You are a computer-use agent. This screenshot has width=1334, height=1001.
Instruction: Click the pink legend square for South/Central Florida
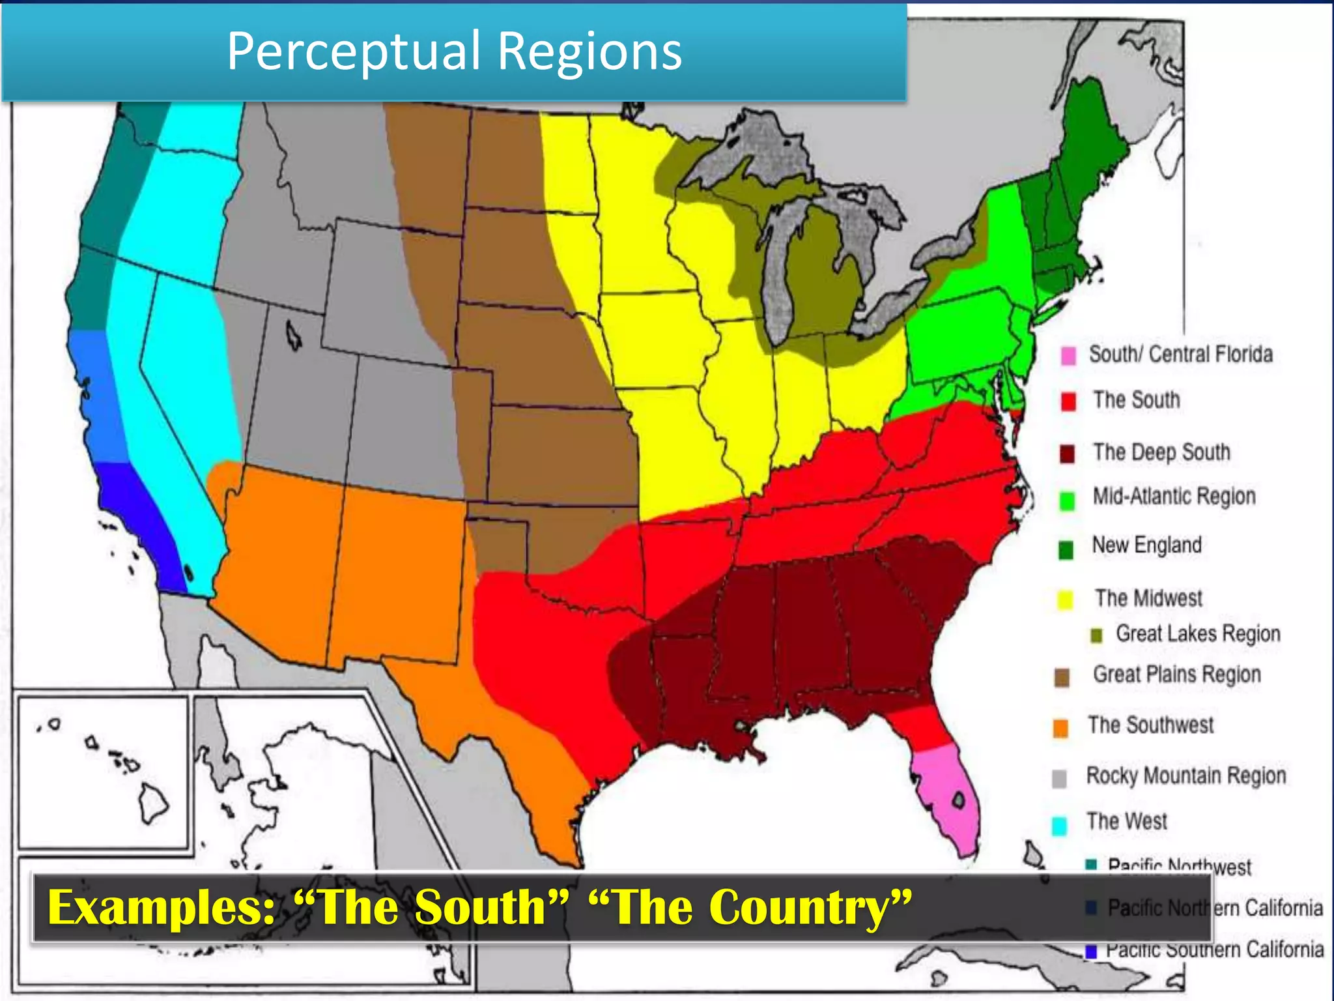[1068, 356]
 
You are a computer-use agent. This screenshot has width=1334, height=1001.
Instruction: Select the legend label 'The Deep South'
[1161, 452]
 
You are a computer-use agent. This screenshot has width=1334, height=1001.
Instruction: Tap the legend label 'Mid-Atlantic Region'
[1174, 497]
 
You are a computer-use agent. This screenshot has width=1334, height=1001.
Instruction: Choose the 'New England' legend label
[1146, 545]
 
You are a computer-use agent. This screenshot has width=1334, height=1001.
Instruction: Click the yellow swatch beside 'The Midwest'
[1065, 600]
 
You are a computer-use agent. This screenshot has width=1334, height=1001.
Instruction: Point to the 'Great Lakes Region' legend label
[1198, 633]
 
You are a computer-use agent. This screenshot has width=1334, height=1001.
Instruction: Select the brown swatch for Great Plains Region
[1062, 678]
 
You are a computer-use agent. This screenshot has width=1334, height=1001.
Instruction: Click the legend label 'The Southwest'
[1150, 725]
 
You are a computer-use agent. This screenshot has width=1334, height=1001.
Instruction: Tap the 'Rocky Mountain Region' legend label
[1185, 776]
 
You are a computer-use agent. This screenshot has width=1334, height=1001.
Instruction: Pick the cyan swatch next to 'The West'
[1060, 826]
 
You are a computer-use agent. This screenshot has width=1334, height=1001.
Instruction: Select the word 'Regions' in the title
[589, 52]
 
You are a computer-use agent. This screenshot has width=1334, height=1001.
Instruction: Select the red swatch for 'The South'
[1068, 401]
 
